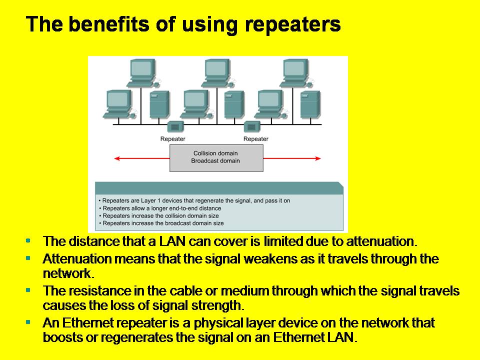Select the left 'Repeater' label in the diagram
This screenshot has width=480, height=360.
173,138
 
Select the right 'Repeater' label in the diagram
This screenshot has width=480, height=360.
255,138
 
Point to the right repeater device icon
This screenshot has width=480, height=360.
251,126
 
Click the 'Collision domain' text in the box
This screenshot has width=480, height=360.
215,153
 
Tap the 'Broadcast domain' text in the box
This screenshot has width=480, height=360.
215,161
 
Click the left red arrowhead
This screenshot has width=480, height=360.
117,158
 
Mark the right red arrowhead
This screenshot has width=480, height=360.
318,158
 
